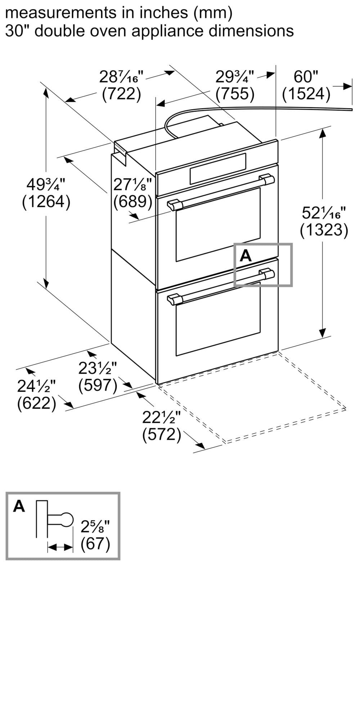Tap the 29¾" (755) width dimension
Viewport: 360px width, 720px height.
click(235, 85)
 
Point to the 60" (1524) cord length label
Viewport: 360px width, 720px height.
click(306, 85)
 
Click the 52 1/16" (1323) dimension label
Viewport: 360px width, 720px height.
click(324, 221)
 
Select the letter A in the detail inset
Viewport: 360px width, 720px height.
click(19, 507)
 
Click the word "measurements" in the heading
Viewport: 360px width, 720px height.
click(59, 13)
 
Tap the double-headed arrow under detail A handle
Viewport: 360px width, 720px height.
click(60, 548)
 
